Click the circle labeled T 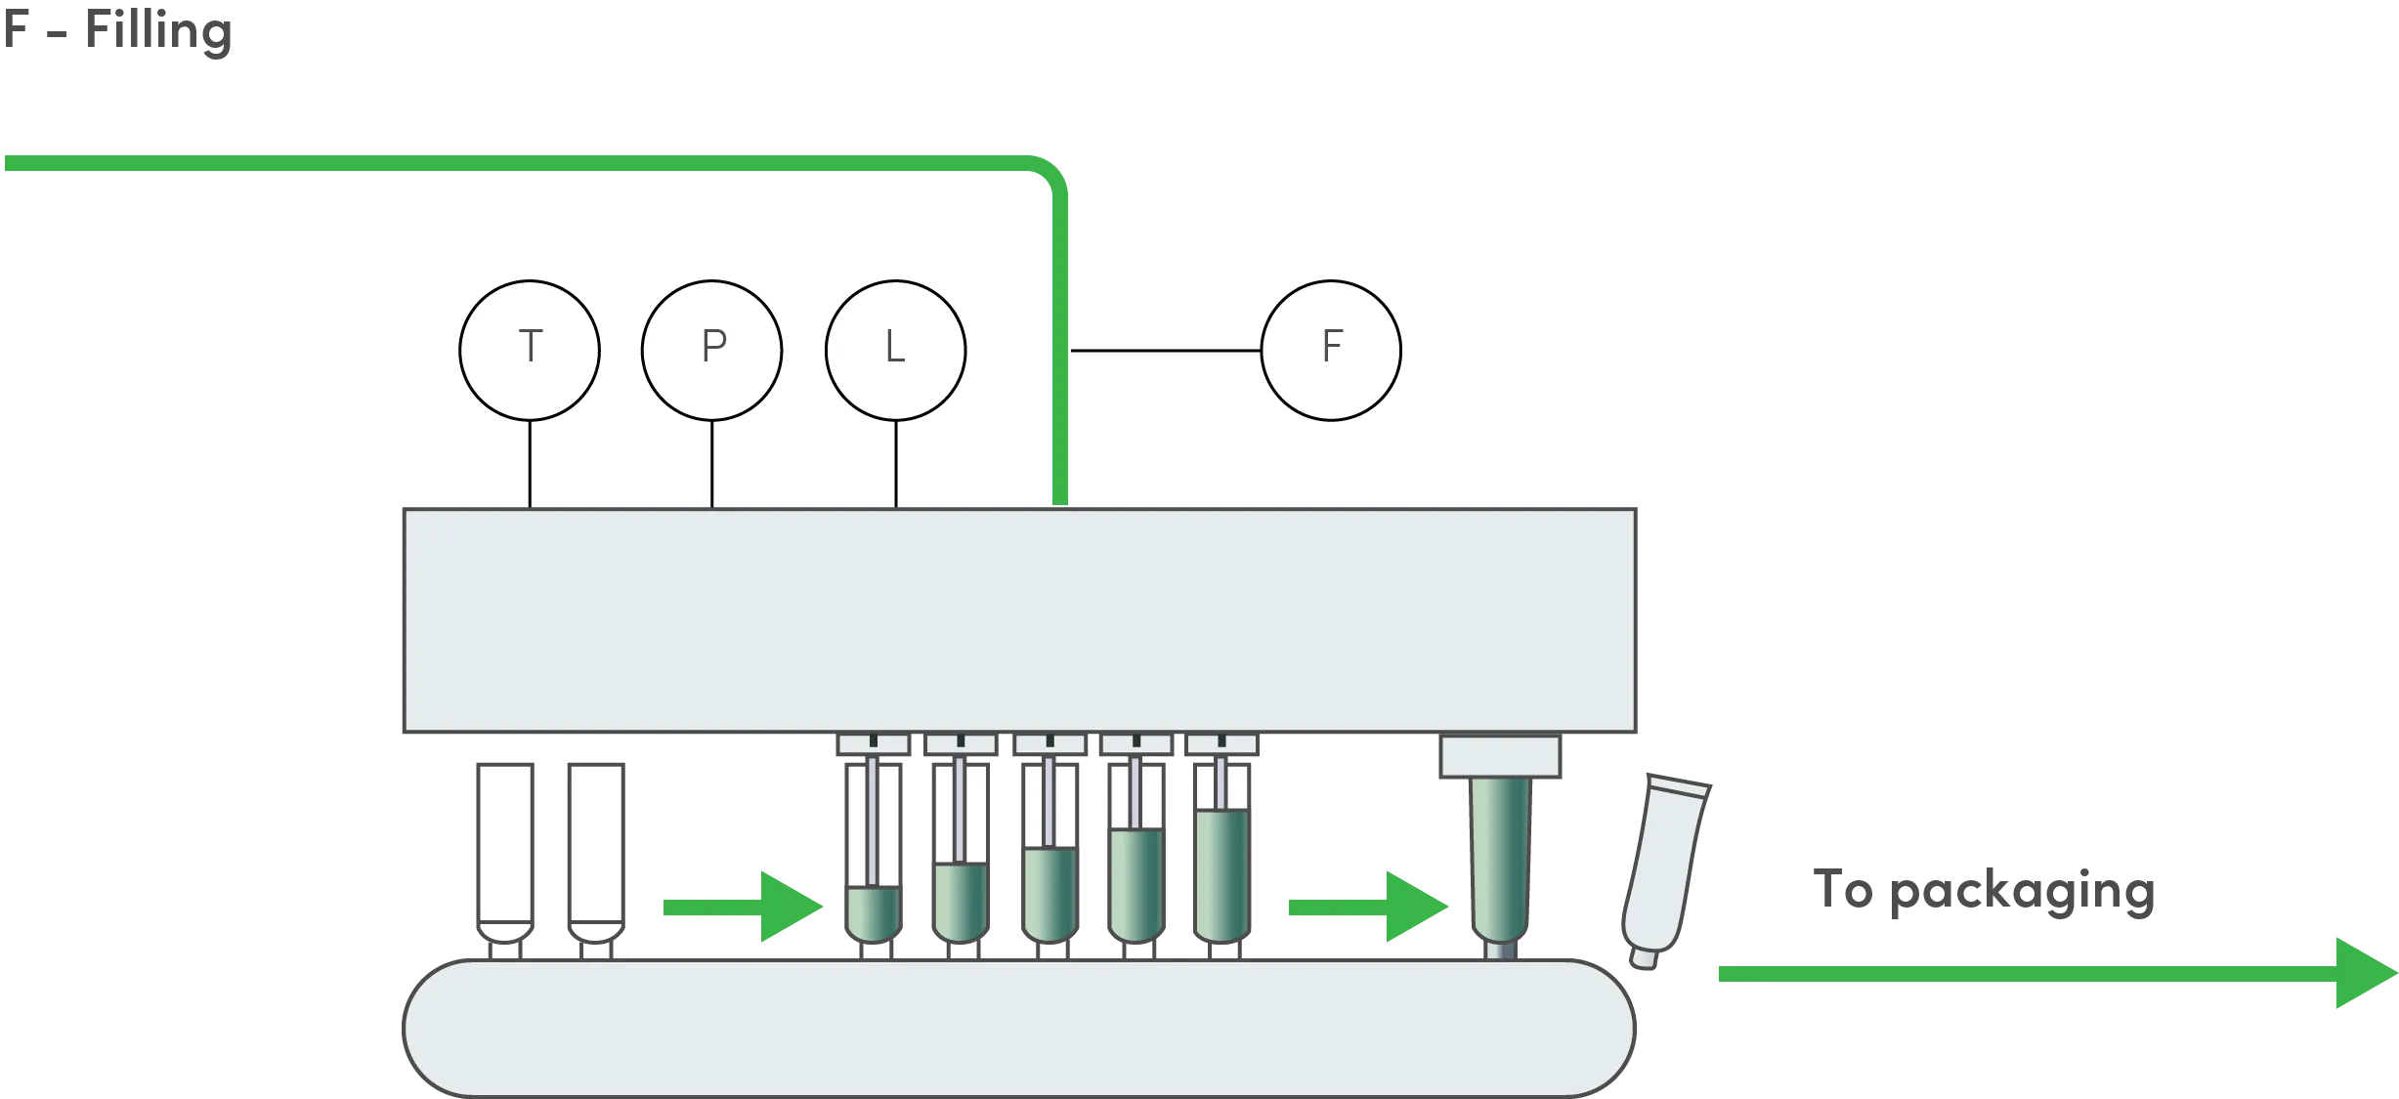[530, 351]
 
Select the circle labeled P [712, 351]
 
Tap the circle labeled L [895, 351]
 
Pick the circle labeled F [1331, 351]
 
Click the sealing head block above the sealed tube [1500, 758]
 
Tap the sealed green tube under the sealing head [1502, 860]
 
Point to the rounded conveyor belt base [1016, 1027]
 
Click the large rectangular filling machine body [1018, 618]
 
